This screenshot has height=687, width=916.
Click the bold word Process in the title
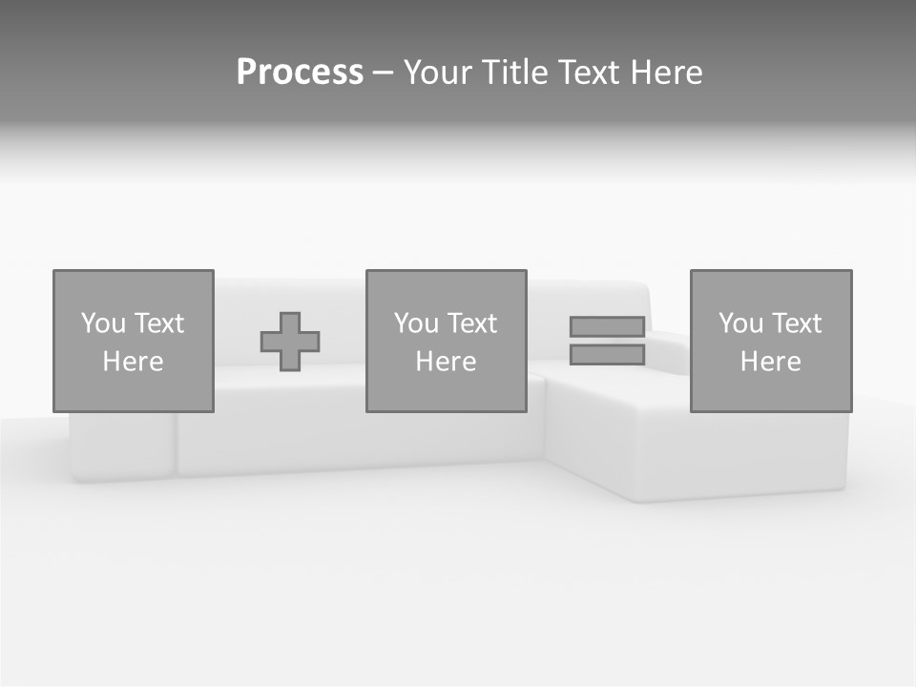[300, 73]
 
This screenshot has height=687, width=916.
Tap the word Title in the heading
[517, 73]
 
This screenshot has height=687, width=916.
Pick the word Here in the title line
[667, 73]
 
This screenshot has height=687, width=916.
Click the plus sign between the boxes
[290, 342]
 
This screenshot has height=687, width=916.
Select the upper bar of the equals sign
[607, 327]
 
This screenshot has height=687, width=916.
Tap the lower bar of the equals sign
[607, 355]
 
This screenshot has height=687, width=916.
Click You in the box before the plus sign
[103, 323]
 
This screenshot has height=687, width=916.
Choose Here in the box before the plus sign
[133, 362]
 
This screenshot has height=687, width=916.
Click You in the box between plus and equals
[416, 323]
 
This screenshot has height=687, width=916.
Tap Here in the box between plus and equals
[446, 362]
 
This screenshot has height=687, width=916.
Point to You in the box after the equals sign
[740, 323]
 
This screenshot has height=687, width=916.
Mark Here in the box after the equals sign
[770, 362]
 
